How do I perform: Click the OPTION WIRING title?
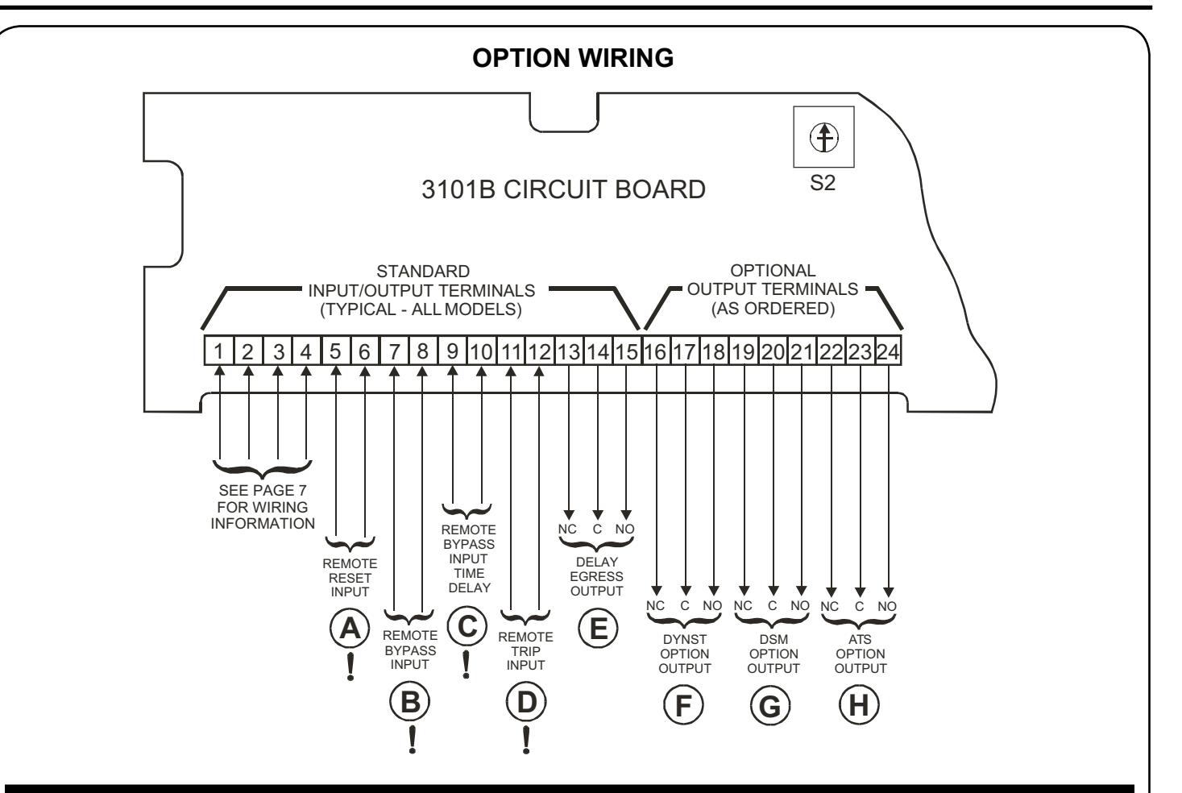[573, 58]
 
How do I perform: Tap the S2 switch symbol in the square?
[823, 137]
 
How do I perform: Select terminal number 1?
[218, 351]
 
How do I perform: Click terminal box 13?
[569, 351]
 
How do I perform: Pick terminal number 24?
[888, 351]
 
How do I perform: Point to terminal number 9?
[452, 351]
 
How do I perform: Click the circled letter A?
[350, 629]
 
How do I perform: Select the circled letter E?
[598, 629]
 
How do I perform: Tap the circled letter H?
[859, 705]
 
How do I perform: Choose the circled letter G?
[770, 706]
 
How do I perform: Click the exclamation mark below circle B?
[412, 740]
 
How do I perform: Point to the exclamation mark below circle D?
[526, 740]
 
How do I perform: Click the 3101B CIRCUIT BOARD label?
[563, 189]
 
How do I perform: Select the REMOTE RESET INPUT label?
[350, 578]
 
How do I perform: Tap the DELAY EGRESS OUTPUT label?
[596, 576]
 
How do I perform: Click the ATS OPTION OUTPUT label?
[861, 654]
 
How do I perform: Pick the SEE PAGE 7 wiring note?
[262, 507]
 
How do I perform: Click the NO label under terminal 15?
[624, 529]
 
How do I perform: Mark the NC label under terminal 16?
[655, 605]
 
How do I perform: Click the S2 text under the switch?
[823, 183]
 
